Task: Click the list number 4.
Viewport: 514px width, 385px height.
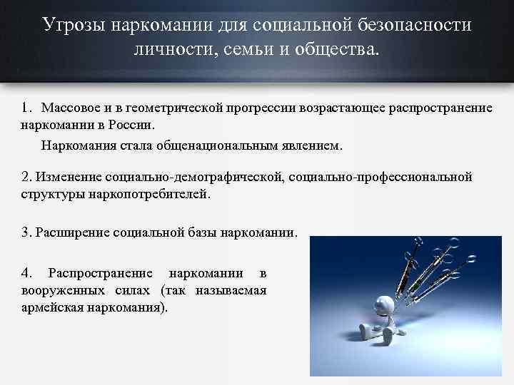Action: coord(26,273)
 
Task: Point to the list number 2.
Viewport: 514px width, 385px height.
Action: coord(25,176)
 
